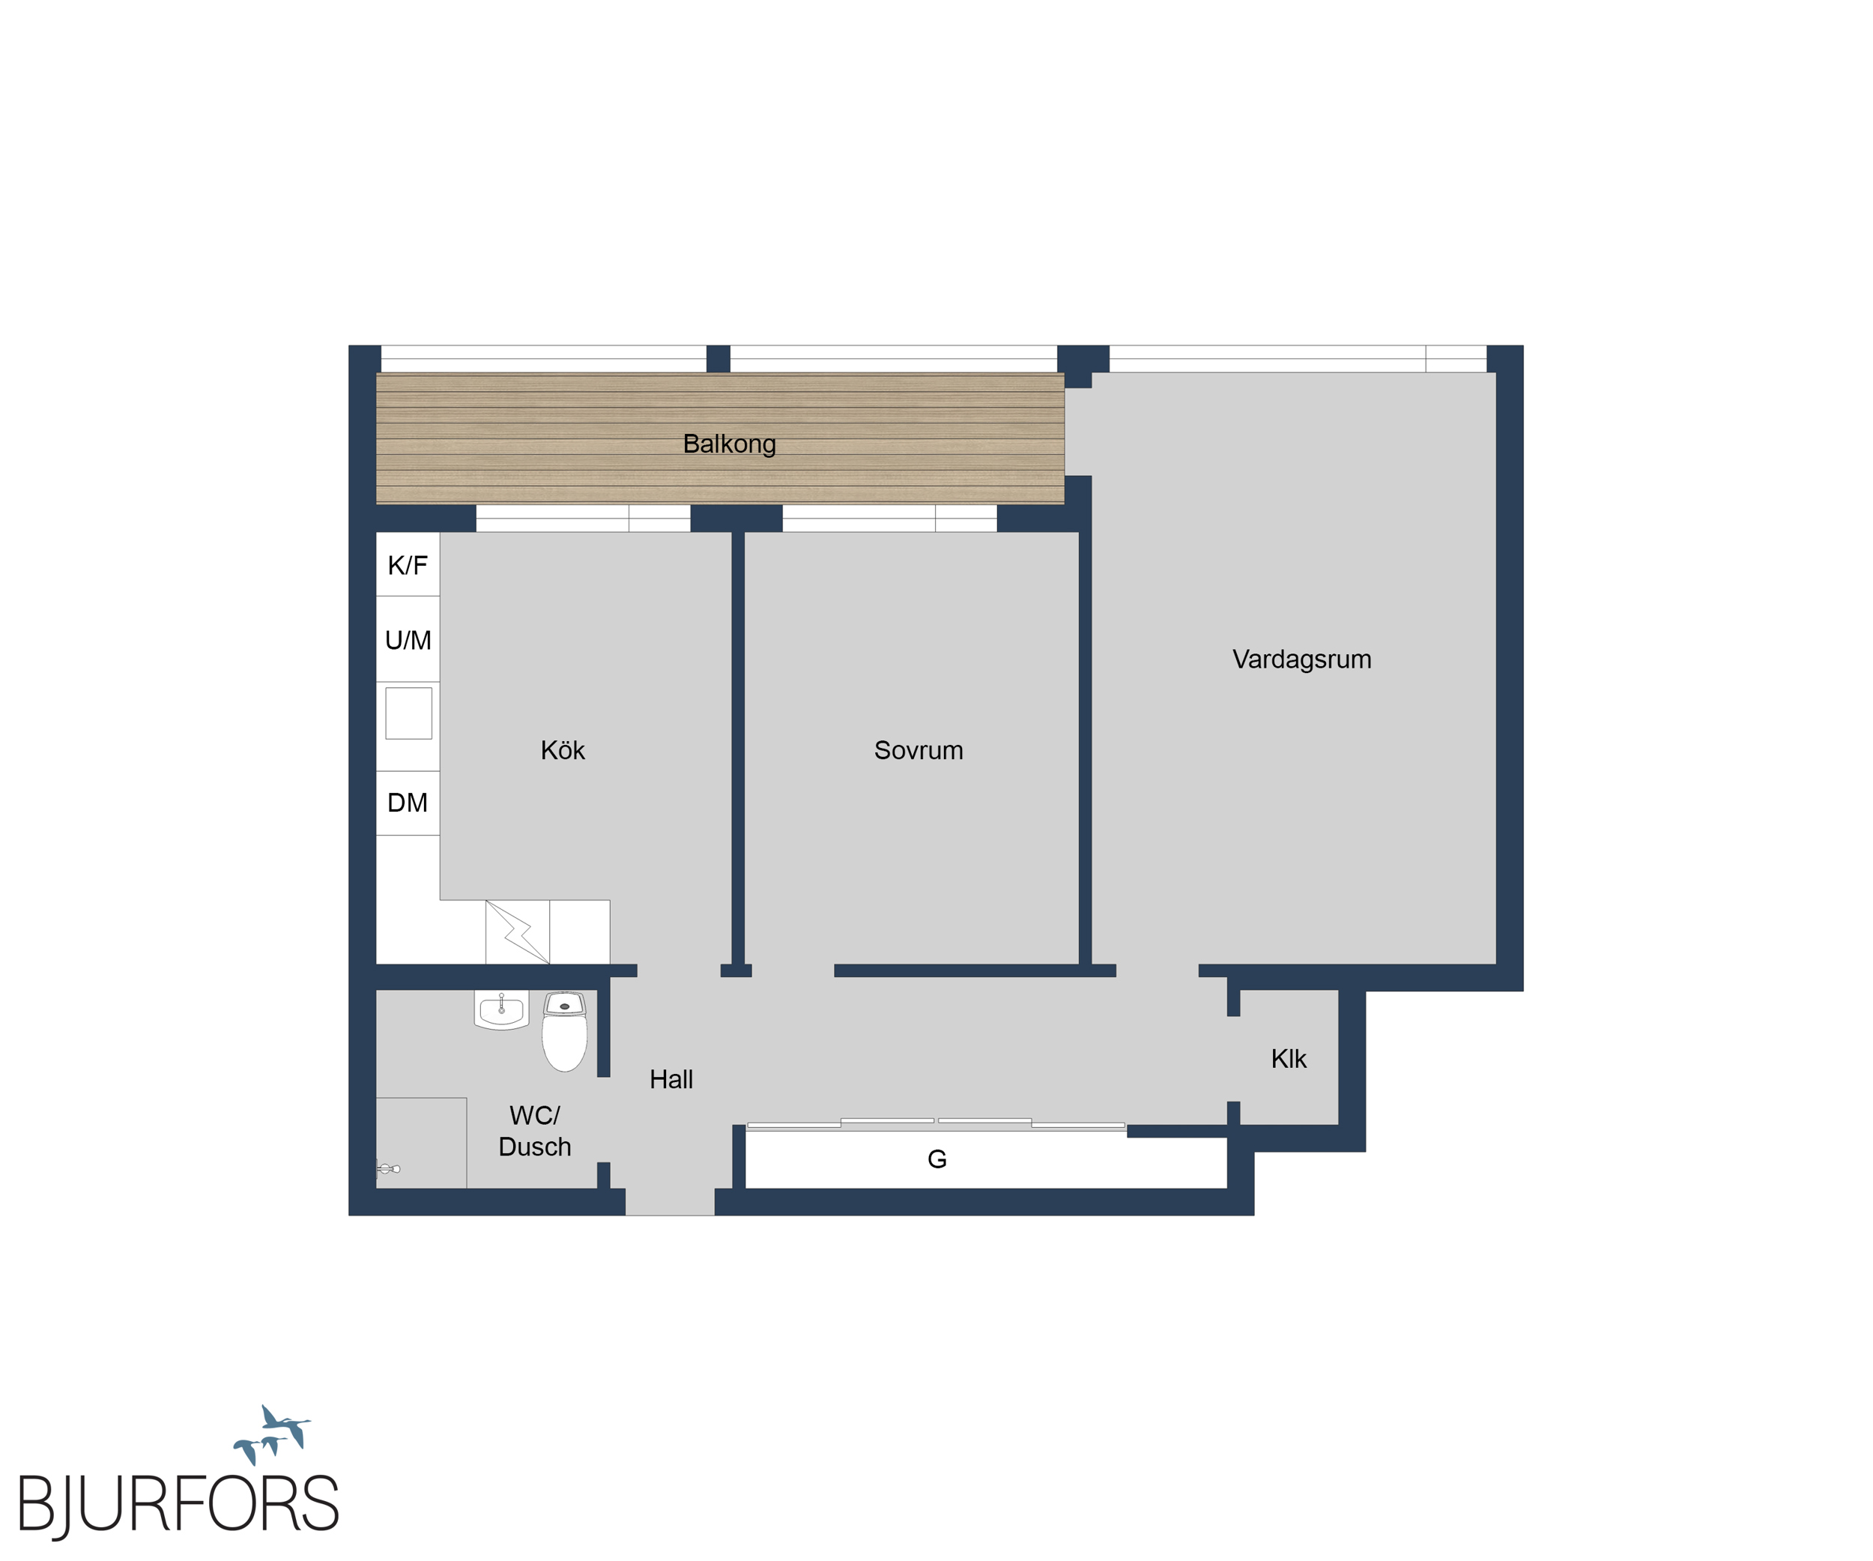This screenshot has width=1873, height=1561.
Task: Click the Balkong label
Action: [729, 444]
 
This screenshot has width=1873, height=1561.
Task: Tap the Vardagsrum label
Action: [1301, 659]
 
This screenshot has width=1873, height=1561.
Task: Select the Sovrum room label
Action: [918, 750]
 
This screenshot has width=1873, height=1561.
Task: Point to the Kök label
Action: [562, 750]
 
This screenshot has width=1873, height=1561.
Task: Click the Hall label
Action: [671, 1079]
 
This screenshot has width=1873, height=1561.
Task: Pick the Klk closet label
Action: [1288, 1059]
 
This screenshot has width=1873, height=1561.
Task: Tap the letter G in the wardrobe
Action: [936, 1159]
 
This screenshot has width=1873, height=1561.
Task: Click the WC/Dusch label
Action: [534, 1131]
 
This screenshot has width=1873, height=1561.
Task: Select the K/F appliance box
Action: [408, 564]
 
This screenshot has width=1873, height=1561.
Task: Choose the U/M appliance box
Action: [408, 638]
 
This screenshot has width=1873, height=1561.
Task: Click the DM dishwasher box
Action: [408, 803]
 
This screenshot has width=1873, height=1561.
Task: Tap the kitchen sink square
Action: [408, 713]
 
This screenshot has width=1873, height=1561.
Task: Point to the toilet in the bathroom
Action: [565, 1031]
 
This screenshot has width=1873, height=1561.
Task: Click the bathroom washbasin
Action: [501, 1009]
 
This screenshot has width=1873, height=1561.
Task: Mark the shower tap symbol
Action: [388, 1168]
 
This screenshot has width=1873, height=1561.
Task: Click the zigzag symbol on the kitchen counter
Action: [517, 932]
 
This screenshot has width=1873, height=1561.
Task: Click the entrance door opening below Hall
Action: [670, 1201]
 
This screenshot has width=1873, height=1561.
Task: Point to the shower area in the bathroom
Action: [421, 1143]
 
